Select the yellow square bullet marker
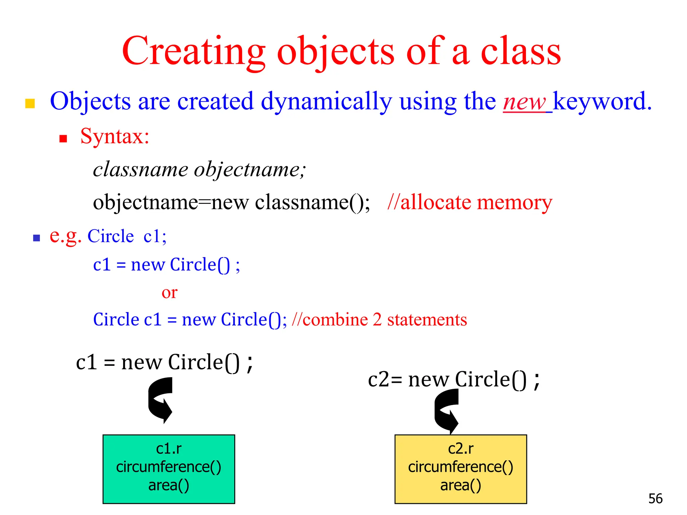click(x=30, y=103)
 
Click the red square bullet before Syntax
click(x=63, y=138)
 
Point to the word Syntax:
click(x=115, y=136)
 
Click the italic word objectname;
click(x=250, y=169)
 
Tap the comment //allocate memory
click(x=469, y=202)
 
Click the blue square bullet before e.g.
click(x=37, y=238)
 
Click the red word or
click(x=169, y=293)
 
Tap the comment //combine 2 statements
click(x=379, y=319)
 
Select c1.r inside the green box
click(x=169, y=449)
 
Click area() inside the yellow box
click(x=461, y=485)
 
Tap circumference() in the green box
click(x=169, y=467)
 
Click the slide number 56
click(x=655, y=499)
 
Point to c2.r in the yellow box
click(x=461, y=449)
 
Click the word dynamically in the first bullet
click(x=326, y=101)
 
